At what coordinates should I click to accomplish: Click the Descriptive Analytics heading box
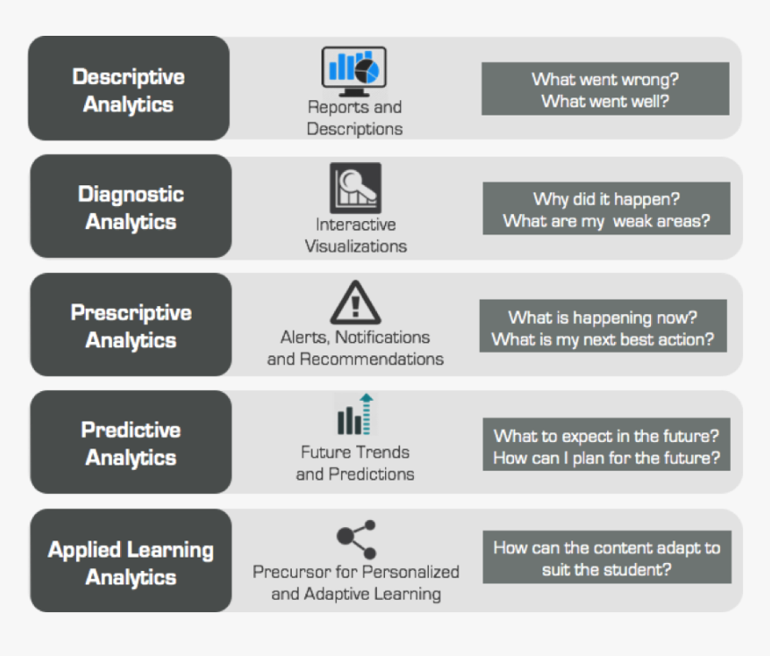coord(129,89)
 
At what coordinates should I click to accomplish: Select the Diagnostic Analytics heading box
coord(131,207)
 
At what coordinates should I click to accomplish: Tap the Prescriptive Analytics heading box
coord(131,325)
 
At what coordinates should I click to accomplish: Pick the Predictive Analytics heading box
coord(131,443)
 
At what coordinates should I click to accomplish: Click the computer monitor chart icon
coord(354,71)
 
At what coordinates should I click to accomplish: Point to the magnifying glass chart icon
coord(355,188)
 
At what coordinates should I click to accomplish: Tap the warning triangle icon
coord(355,303)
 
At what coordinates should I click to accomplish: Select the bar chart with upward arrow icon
coord(355,415)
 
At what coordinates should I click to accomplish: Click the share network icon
coord(356,539)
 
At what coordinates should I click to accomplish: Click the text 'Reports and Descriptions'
coord(355,118)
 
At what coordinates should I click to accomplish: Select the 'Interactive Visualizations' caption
coord(355,235)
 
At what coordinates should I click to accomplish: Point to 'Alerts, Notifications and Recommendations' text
coord(355,348)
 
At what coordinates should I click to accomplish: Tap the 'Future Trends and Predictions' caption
coord(355,464)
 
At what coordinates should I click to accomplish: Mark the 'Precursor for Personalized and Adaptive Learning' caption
coord(355,583)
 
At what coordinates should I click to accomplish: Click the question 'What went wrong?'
coord(605,79)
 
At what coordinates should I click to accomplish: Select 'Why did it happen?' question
coord(606,199)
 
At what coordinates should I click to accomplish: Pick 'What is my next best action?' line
coord(603,339)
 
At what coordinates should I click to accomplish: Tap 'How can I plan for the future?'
coord(606,458)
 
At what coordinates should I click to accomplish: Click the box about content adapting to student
coord(606,558)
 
